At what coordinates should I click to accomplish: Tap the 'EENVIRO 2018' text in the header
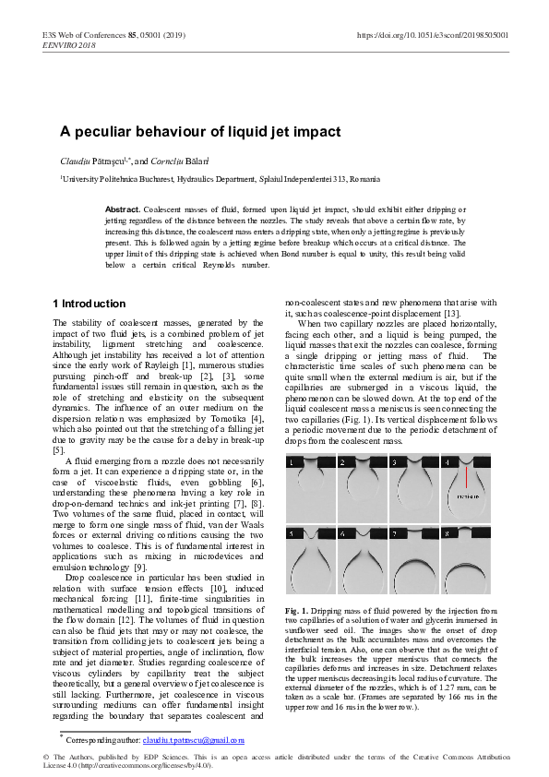point(68,44)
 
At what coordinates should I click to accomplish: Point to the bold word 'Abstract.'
point(123,210)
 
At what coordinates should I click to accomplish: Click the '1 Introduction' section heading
point(89,304)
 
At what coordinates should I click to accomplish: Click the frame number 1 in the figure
point(291,461)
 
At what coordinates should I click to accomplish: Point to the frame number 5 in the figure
point(291,533)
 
